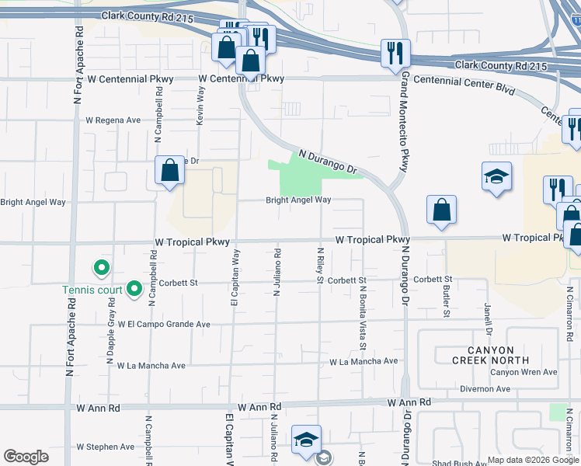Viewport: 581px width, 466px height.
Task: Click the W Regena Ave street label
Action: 113,120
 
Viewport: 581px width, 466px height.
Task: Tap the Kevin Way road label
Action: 200,106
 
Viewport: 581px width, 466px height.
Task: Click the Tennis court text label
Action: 92,291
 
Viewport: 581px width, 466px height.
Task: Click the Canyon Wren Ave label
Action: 524,372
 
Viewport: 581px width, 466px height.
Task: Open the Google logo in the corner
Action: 26,457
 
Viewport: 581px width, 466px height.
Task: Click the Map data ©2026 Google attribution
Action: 533,460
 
